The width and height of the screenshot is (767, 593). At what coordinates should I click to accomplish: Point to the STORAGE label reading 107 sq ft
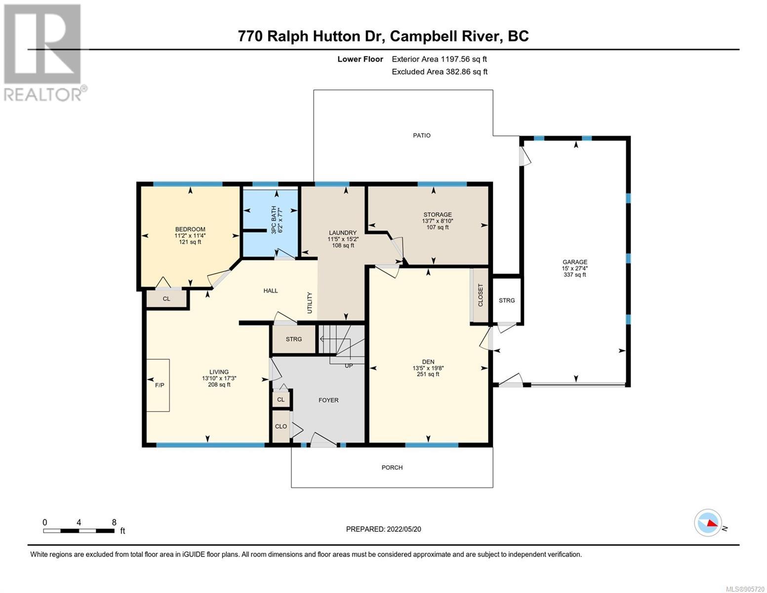437,221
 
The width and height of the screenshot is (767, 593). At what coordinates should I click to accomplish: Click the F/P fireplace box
158,385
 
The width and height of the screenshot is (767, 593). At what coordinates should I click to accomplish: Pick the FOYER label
328,400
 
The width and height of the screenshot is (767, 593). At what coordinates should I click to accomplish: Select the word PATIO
421,135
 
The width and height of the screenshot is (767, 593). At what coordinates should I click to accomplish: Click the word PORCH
392,467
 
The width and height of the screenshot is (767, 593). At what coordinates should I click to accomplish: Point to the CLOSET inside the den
480,295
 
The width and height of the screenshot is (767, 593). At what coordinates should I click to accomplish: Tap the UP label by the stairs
348,366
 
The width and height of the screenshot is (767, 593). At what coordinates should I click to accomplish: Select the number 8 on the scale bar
114,522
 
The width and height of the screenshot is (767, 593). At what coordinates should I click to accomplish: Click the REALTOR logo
44,53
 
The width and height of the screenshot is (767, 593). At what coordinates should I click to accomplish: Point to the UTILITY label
310,303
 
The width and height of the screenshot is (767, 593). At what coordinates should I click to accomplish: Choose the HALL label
270,291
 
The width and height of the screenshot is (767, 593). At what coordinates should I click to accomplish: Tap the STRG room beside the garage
507,300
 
